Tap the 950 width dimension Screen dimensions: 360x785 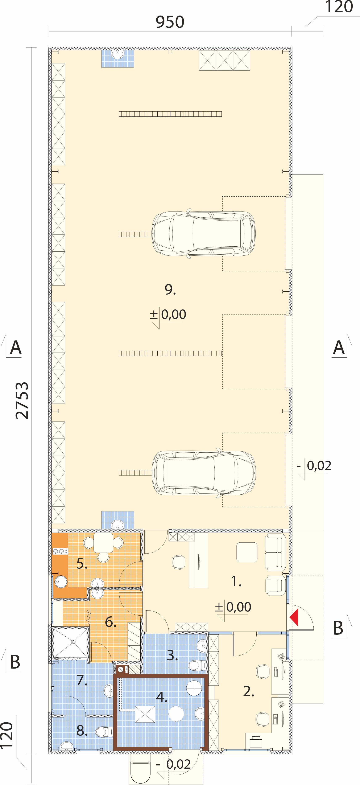170,22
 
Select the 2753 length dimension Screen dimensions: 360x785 22,400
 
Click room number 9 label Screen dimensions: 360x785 170,289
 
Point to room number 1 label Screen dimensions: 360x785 236,581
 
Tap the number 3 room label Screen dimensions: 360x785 172,655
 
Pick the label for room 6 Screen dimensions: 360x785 111,622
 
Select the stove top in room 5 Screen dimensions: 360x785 60,551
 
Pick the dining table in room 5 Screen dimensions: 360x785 103,542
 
